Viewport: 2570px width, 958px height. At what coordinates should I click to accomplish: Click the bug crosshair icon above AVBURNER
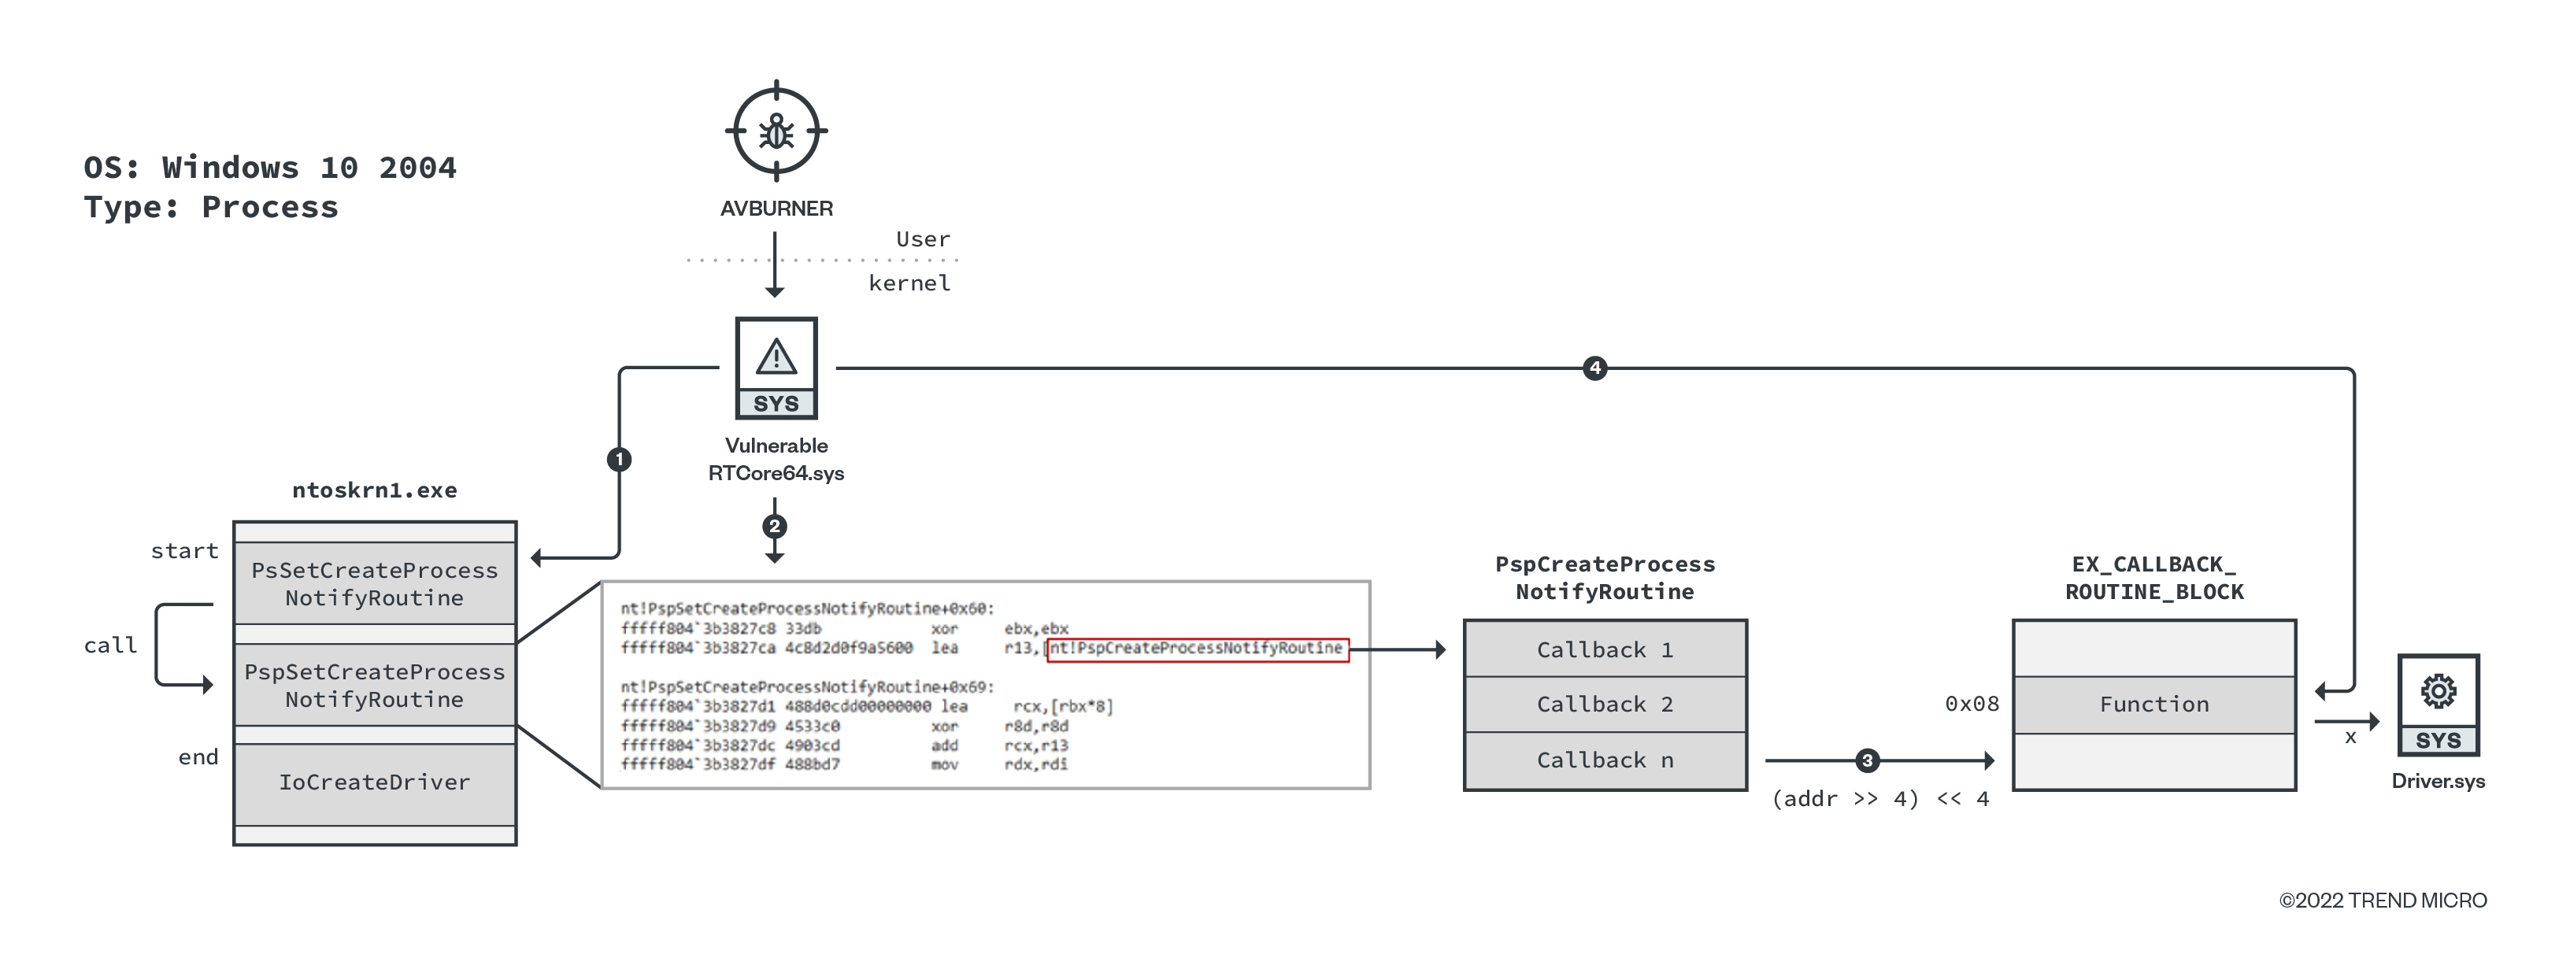point(776,131)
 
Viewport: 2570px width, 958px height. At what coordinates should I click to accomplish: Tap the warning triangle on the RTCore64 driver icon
point(776,357)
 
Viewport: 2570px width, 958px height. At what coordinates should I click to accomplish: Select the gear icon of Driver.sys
point(2439,690)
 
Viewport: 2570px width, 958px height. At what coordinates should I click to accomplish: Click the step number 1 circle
point(620,459)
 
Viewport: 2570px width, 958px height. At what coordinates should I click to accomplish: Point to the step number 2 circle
point(774,526)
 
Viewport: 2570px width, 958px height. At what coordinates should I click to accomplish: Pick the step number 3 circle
point(1868,760)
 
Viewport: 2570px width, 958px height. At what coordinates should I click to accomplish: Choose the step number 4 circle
point(1595,368)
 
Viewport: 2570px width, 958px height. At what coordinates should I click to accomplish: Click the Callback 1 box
point(1604,649)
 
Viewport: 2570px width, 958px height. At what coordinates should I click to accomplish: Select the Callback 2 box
point(1604,705)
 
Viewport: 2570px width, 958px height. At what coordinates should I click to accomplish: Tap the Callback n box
point(1604,760)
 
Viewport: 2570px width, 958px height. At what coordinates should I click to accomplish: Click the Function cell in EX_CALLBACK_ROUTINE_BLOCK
point(2154,705)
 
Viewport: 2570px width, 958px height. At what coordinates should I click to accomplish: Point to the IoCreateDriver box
point(374,782)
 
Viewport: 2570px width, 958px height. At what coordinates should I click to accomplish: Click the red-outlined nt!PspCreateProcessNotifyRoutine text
point(1196,649)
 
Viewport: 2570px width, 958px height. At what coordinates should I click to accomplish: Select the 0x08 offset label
point(1972,705)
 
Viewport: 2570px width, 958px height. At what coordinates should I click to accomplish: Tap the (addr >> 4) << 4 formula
point(1879,799)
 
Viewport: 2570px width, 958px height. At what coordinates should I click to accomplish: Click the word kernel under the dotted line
point(909,283)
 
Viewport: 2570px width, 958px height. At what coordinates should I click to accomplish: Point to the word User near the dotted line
point(923,239)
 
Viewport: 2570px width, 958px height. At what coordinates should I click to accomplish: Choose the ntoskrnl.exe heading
point(374,490)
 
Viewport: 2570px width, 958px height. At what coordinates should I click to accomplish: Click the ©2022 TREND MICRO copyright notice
point(2383,900)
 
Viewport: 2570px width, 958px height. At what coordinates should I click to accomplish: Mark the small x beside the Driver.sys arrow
point(2350,738)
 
